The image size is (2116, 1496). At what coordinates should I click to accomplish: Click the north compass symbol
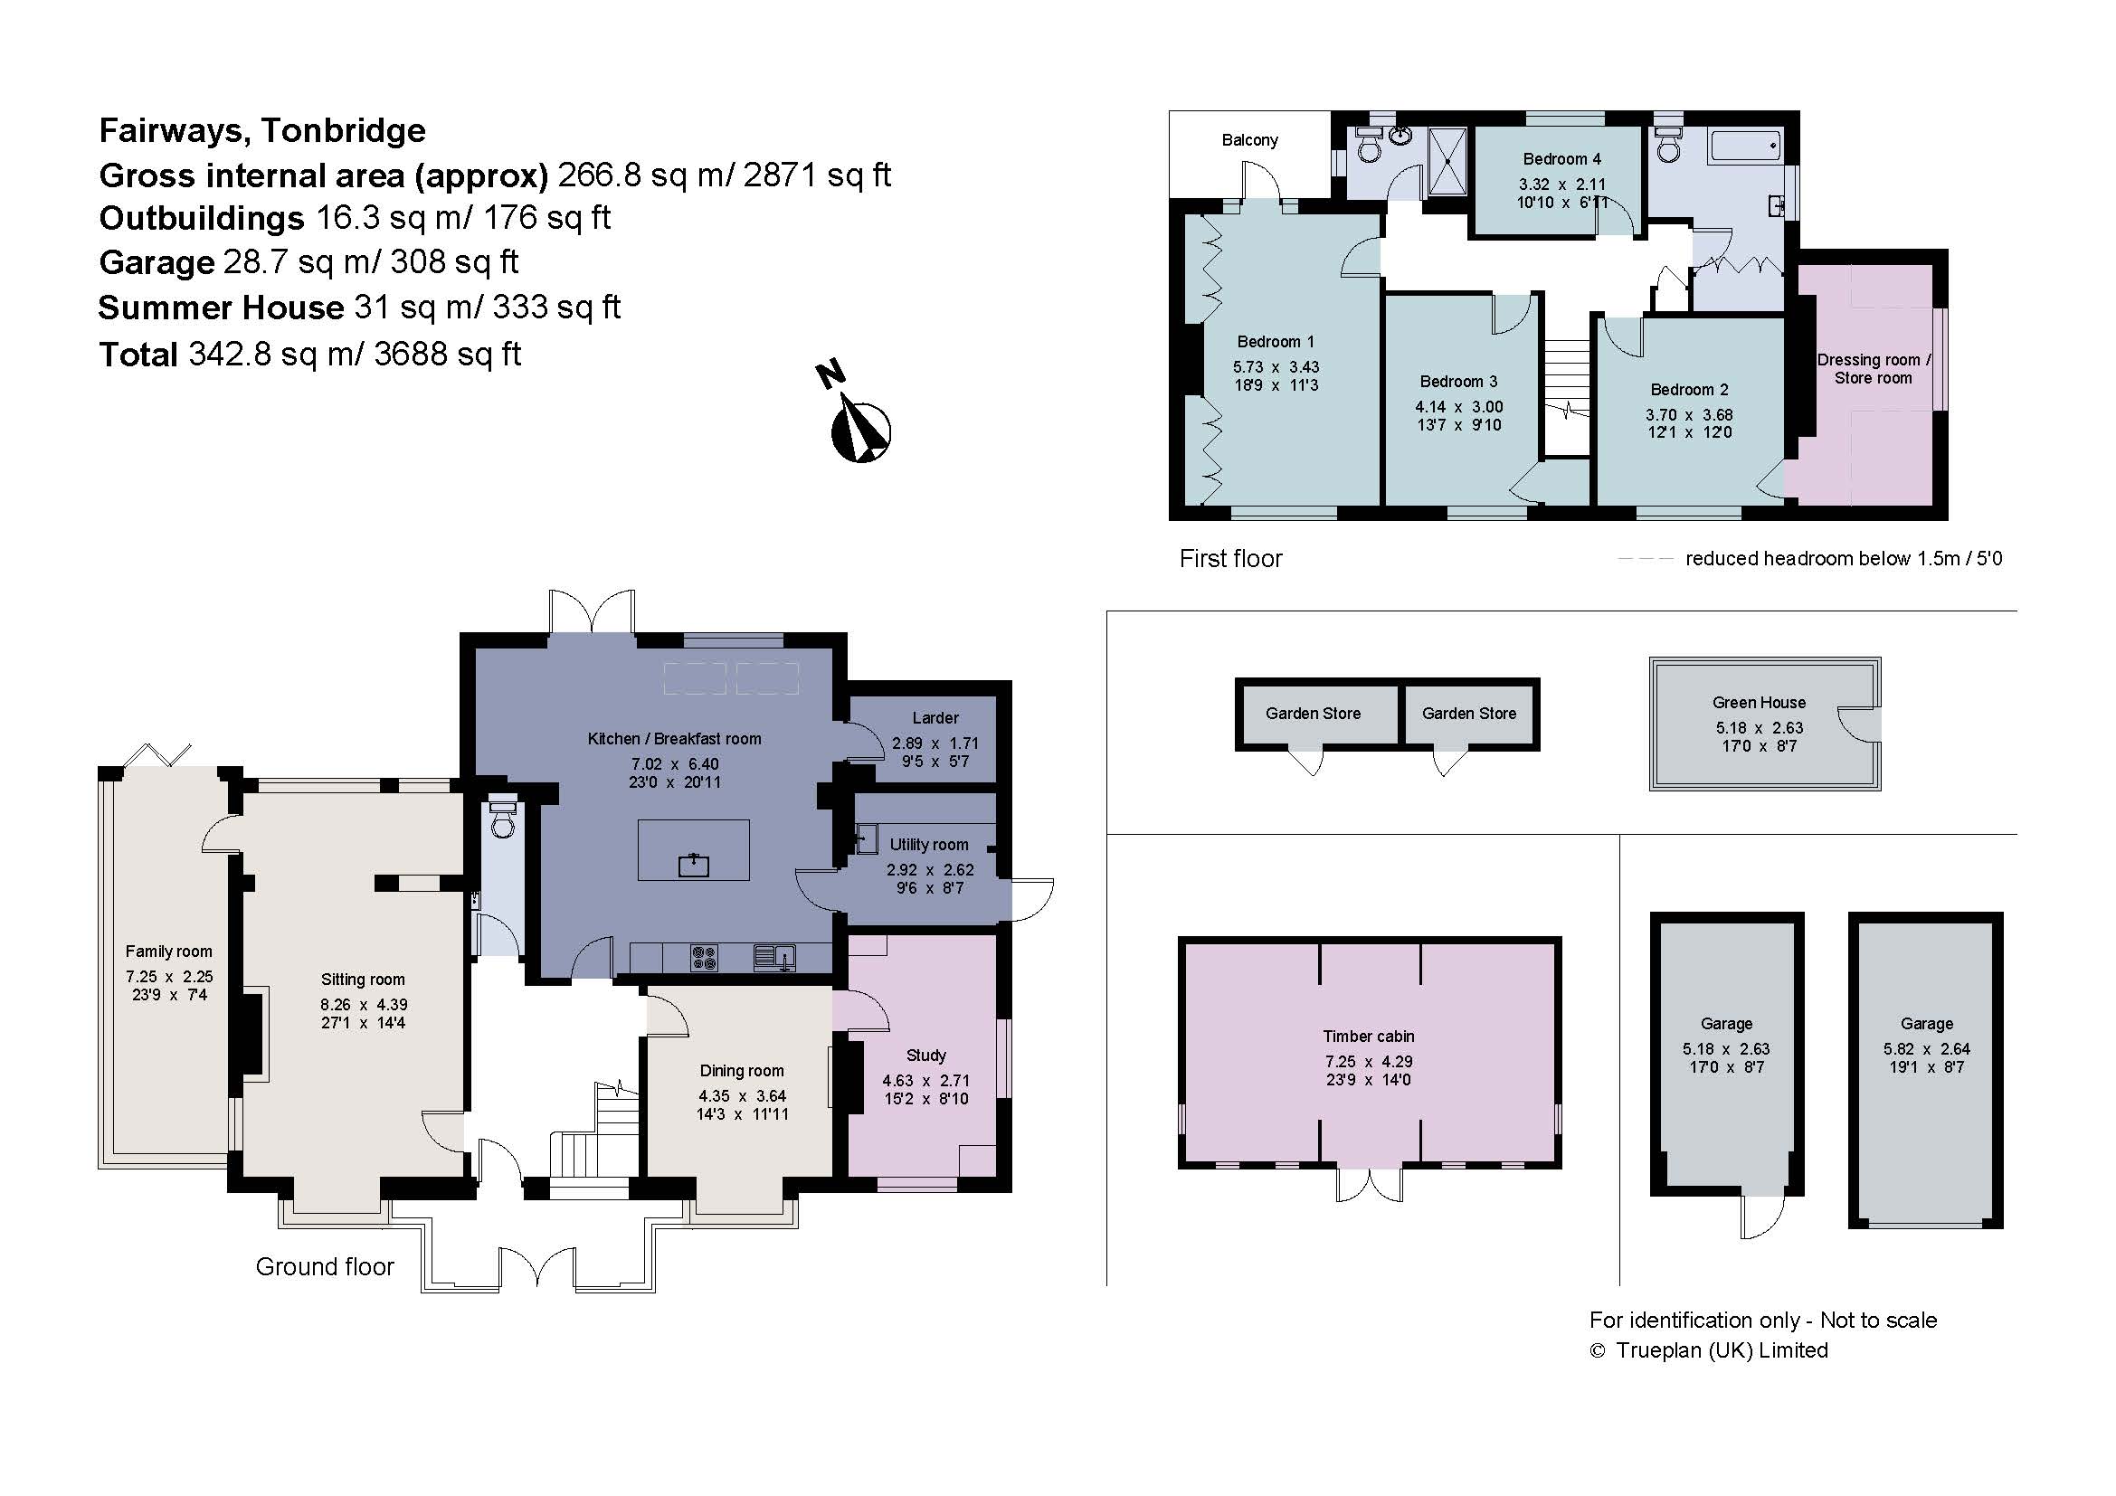coord(860,431)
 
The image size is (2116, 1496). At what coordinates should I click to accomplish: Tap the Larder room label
coord(935,717)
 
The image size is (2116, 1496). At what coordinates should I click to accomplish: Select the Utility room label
coord(928,844)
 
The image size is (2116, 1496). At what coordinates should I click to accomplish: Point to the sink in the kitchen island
coord(693,864)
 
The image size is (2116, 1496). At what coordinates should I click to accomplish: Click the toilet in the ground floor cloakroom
coord(502,819)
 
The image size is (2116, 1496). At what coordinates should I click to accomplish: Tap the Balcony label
coord(1248,140)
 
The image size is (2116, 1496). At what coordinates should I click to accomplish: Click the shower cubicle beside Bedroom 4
coord(1447,161)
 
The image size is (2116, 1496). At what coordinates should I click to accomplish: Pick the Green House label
coord(1759,702)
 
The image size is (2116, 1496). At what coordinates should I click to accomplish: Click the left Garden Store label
coord(1313,713)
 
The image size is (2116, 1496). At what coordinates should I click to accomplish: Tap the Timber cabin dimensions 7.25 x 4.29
coord(1368,1061)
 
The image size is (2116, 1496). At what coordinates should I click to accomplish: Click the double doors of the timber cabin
coord(1370,1186)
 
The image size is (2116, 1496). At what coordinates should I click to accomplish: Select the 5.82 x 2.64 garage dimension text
coord(1926,1048)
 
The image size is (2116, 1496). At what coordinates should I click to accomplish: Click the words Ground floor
coord(325,1266)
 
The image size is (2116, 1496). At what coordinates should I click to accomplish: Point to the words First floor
coord(1230,558)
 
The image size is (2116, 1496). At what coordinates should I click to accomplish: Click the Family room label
coord(168,951)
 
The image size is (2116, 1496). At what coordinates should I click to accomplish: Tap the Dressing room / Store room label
coord(1873,368)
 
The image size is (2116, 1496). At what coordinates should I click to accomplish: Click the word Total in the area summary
coord(138,354)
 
